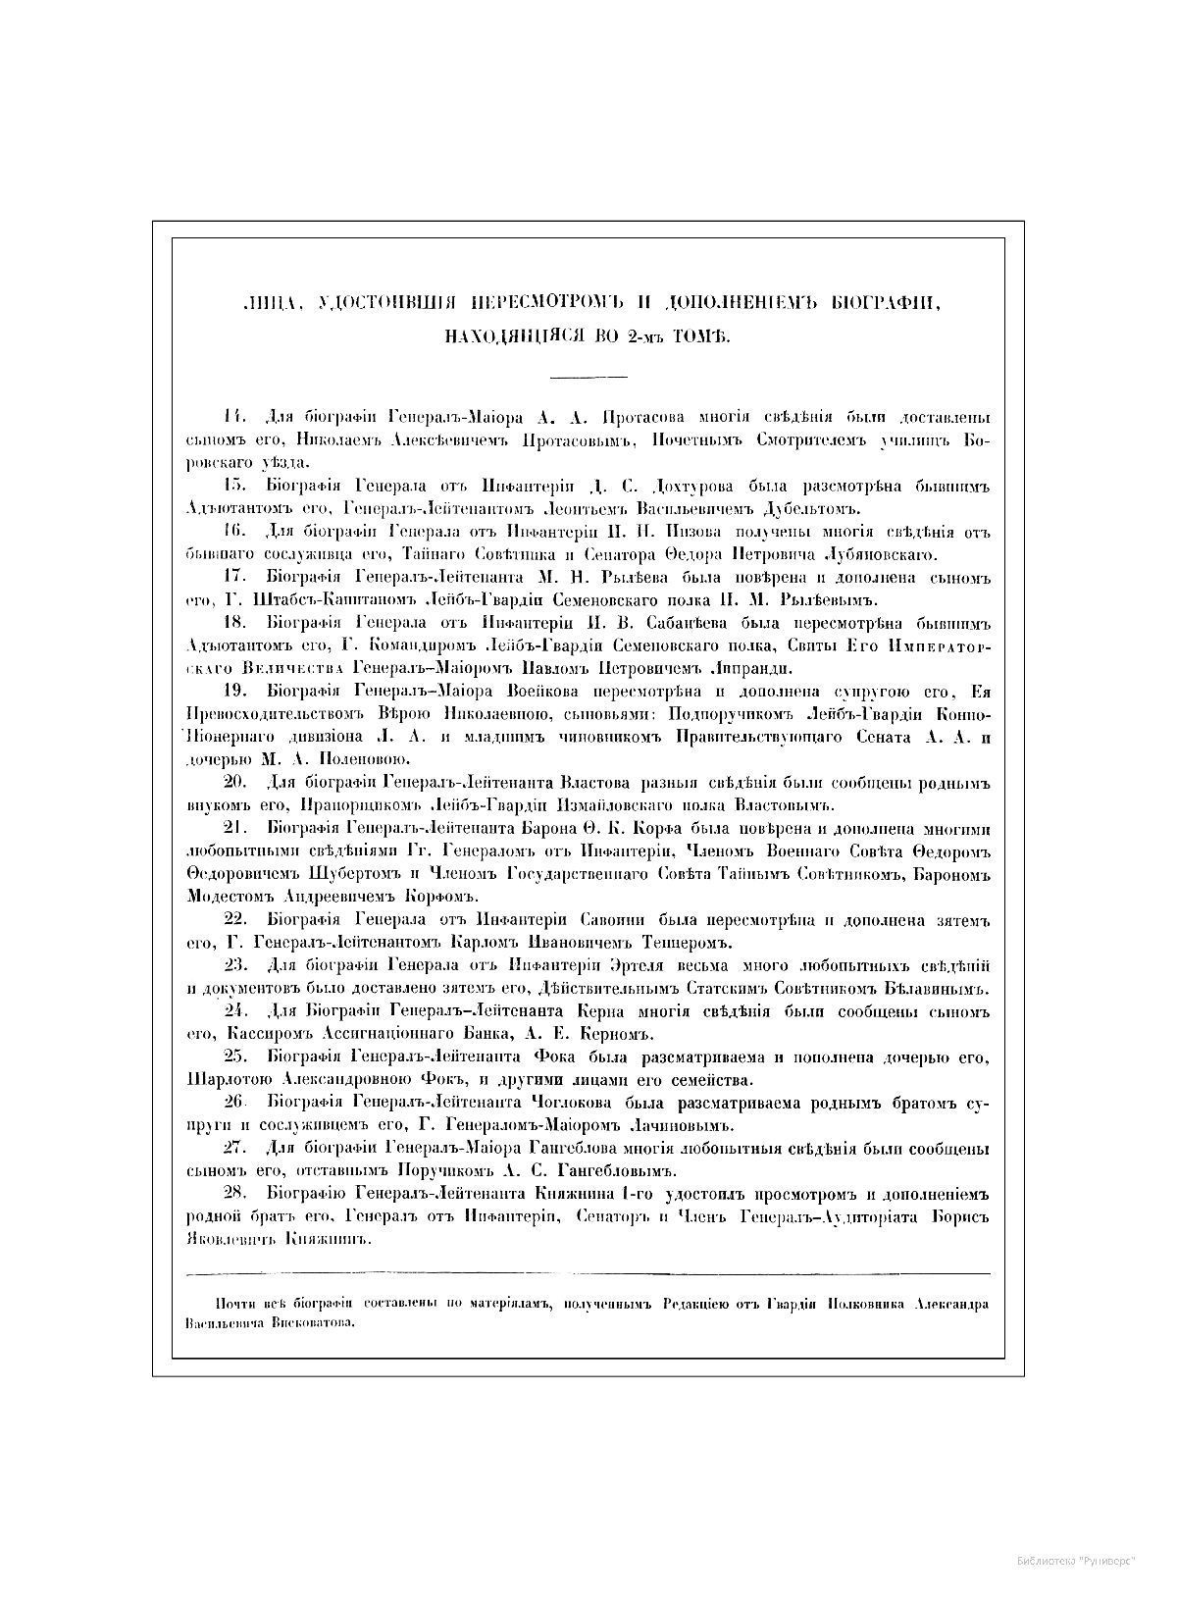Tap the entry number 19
coord(234,692)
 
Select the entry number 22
coord(234,920)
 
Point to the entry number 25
coord(234,1056)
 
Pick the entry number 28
coord(234,1194)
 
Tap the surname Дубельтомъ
coord(807,509)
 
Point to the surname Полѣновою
coord(349,759)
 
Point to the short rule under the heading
coord(588,377)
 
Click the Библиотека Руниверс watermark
coord(1076,1560)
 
